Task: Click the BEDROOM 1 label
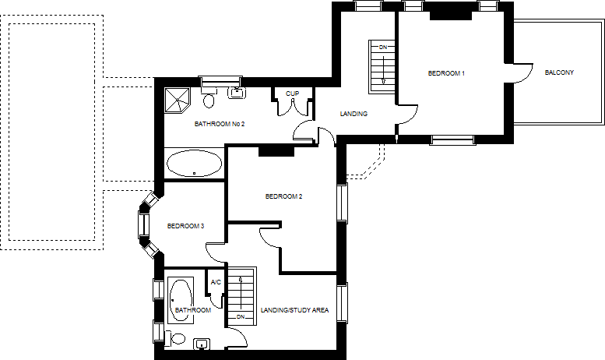pos(446,73)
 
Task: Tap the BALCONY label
pos(559,72)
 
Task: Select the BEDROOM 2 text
pos(283,196)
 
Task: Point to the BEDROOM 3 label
pos(185,226)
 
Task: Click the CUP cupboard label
pos(292,94)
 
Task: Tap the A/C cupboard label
pos(216,282)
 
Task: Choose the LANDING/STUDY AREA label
pos(294,310)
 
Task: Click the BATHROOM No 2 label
pos(220,124)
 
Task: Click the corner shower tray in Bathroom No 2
pos(178,100)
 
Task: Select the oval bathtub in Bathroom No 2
pos(194,164)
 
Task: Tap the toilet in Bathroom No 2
pos(209,98)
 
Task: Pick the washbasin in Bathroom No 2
pos(236,93)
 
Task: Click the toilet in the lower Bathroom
pos(175,339)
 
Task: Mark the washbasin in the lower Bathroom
pos(202,344)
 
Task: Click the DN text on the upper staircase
pos(383,48)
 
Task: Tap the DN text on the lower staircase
pos(241,316)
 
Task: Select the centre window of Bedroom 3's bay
pos(144,224)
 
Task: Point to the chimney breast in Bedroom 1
pos(451,15)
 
